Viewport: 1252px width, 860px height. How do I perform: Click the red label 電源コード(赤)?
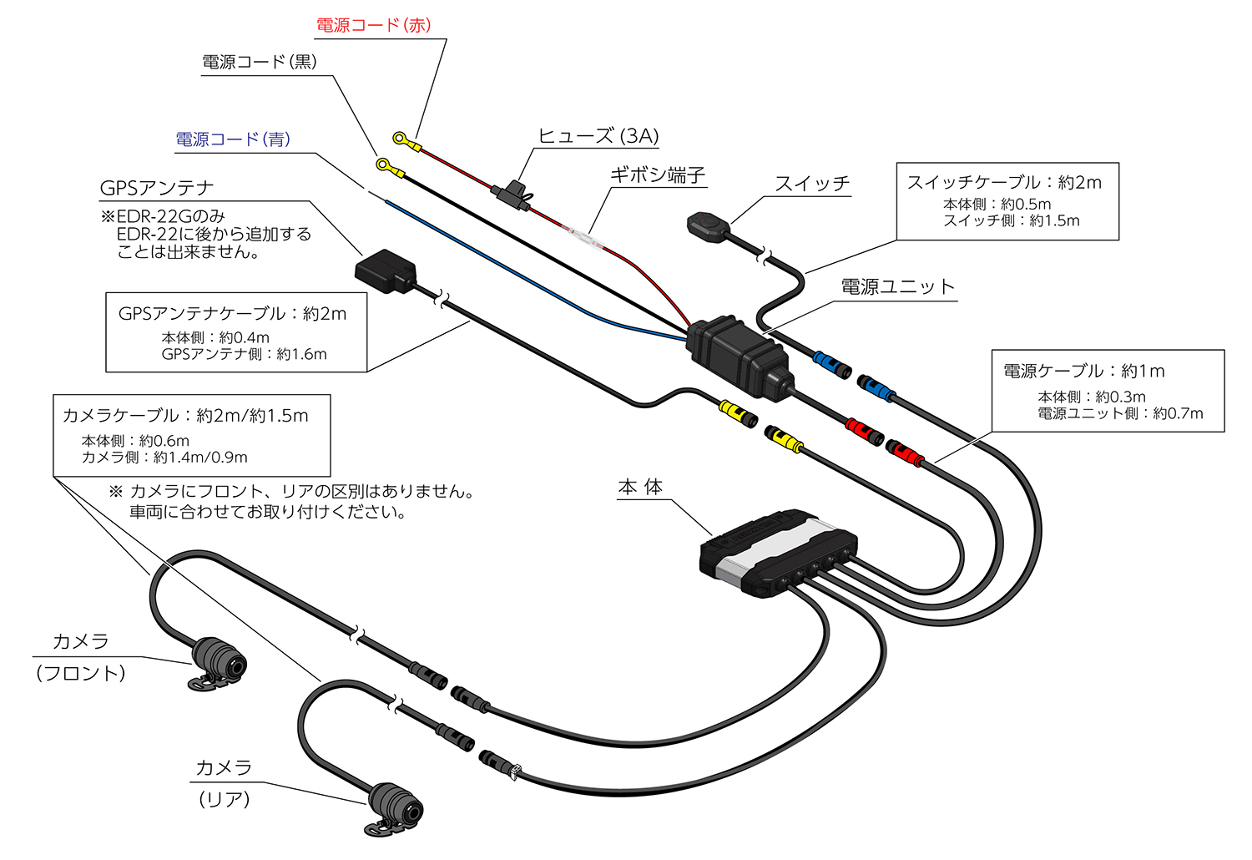coord(373,25)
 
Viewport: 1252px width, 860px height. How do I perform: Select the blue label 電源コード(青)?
coord(233,139)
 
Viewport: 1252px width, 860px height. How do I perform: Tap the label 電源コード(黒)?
coord(259,62)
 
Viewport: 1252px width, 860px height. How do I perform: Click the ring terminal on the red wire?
coord(401,138)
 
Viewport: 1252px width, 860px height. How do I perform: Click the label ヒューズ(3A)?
coord(598,136)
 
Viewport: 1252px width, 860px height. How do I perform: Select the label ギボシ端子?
coord(657,175)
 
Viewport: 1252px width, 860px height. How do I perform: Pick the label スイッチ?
coord(811,184)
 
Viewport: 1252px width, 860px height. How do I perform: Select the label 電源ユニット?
coord(897,287)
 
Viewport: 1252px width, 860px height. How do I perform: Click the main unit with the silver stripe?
coord(776,551)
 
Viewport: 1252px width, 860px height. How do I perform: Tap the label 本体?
coord(640,488)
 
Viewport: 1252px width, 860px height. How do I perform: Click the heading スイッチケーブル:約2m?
coord(1004,182)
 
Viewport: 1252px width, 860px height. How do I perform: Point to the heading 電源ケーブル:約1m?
coord(1083,371)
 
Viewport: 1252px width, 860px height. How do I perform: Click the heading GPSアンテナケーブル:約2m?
coord(232,314)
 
